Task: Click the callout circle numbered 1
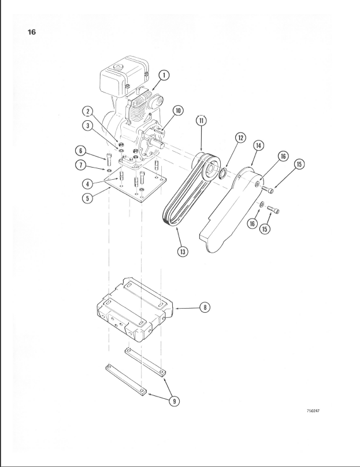click(164, 75)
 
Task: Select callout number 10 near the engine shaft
click(178, 111)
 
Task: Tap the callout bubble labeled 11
click(201, 121)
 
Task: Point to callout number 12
click(240, 138)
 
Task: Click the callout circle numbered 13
click(183, 251)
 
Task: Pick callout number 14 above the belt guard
click(258, 145)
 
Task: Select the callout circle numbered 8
click(205, 307)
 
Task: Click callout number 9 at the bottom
click(175, 401)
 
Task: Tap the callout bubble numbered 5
click(87, 198)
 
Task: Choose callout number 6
click(80, 151)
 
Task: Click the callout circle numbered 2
click(87, 112)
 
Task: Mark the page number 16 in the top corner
click(32, 32)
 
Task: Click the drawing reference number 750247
click(313, 411)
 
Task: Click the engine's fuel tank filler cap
click(118, 66)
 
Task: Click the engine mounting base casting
click(135, 310)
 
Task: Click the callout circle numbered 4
click(87, 184)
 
